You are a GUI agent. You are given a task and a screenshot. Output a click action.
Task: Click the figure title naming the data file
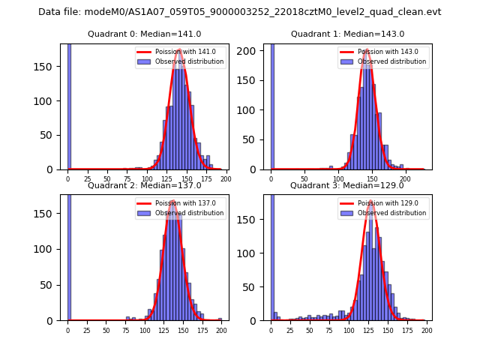(239, 12)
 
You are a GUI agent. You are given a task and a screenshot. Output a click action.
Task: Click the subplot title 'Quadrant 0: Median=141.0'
(144, 34)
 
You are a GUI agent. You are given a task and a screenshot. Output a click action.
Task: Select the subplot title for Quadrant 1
(347, 34)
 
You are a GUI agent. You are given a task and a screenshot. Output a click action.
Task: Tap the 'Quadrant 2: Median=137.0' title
(144, 185)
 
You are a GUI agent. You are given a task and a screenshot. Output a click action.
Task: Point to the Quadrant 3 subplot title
(347, 185)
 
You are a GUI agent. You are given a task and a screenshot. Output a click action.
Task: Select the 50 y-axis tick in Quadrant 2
(54, 282)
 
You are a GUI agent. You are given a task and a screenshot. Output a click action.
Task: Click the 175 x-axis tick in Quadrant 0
(206, 180)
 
